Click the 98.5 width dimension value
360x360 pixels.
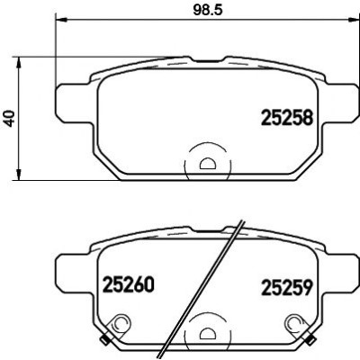pos(207,10)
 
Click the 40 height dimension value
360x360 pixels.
pos(11,119)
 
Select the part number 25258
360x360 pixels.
pos(287,117)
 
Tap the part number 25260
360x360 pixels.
pos(129,284)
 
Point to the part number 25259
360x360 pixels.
pos(287,287)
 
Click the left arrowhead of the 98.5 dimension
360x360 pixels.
pos(61,20)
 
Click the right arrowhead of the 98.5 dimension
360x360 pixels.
pos(353,20)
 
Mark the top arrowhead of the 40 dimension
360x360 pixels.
pos(19,62)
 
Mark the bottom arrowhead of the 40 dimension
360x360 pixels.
pos(19,175)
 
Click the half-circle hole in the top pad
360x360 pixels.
pos(207,164)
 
